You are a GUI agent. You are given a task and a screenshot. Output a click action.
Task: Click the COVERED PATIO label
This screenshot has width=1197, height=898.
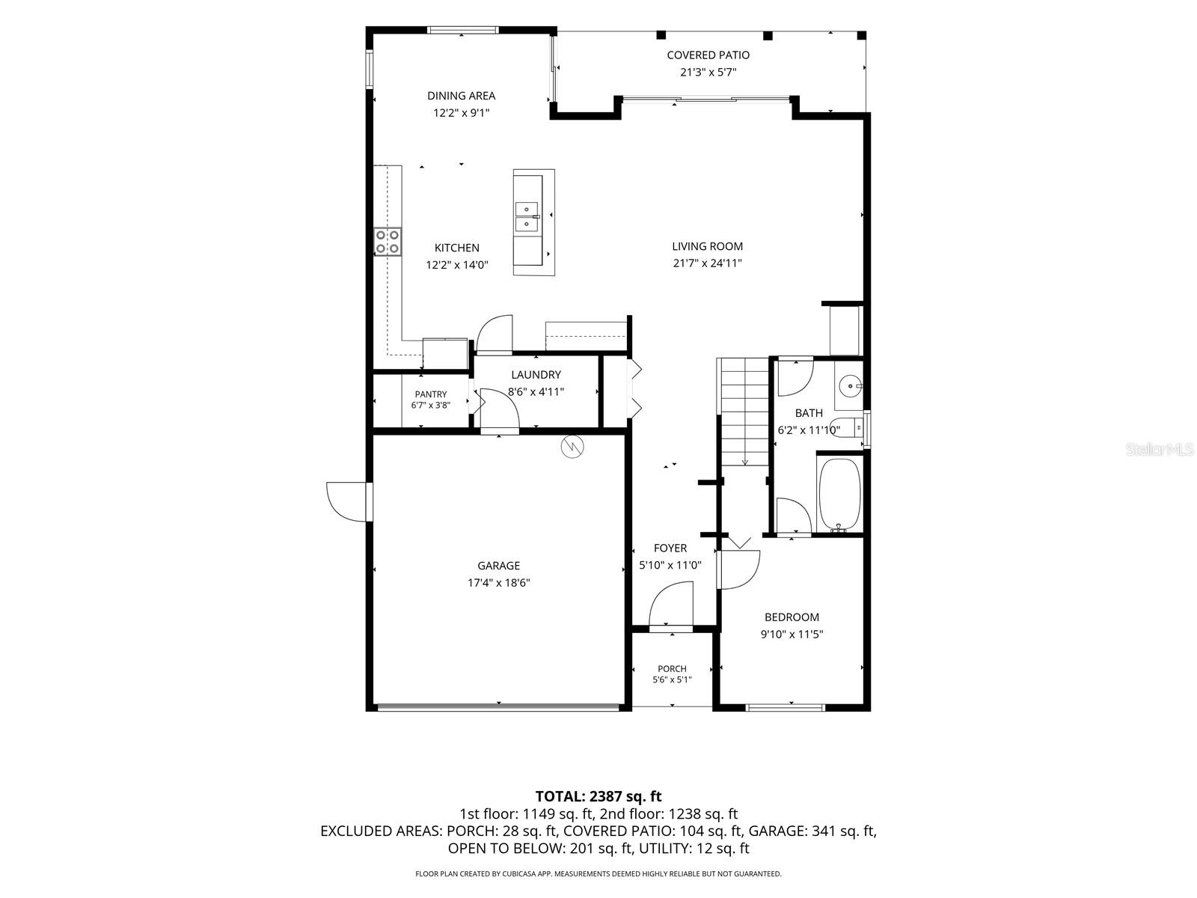707,55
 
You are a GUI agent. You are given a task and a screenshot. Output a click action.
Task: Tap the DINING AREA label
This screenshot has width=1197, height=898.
461,96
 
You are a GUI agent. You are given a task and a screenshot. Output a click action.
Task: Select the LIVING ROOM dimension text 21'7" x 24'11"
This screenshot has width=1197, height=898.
707,263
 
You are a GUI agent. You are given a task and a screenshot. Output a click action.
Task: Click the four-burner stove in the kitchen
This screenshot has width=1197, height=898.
388,242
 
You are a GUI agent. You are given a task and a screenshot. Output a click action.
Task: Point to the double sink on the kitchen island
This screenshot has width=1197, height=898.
527,216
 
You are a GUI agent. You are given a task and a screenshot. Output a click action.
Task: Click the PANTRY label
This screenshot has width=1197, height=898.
430,394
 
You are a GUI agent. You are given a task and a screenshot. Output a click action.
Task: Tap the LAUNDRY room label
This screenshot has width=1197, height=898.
536,375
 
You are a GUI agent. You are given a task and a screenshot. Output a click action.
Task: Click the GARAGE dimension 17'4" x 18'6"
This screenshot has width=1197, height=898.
498,583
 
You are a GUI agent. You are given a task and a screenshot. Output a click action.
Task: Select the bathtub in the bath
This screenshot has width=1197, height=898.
839,494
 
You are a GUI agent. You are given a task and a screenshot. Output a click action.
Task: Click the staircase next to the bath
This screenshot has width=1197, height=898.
744,412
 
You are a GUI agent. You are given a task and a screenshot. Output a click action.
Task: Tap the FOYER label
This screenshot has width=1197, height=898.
670,548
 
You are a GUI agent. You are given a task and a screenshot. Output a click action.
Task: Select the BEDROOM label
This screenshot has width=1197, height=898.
792,617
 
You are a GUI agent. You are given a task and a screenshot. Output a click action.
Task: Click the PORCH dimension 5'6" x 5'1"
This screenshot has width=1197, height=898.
672,680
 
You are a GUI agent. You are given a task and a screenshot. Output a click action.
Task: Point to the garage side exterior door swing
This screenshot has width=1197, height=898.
349,502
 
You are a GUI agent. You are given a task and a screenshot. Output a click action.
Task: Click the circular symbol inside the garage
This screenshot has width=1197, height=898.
572,447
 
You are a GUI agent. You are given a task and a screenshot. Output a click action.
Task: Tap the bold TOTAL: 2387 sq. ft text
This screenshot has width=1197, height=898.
598,796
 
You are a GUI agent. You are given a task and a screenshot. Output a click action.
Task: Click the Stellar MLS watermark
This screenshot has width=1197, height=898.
1160,449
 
